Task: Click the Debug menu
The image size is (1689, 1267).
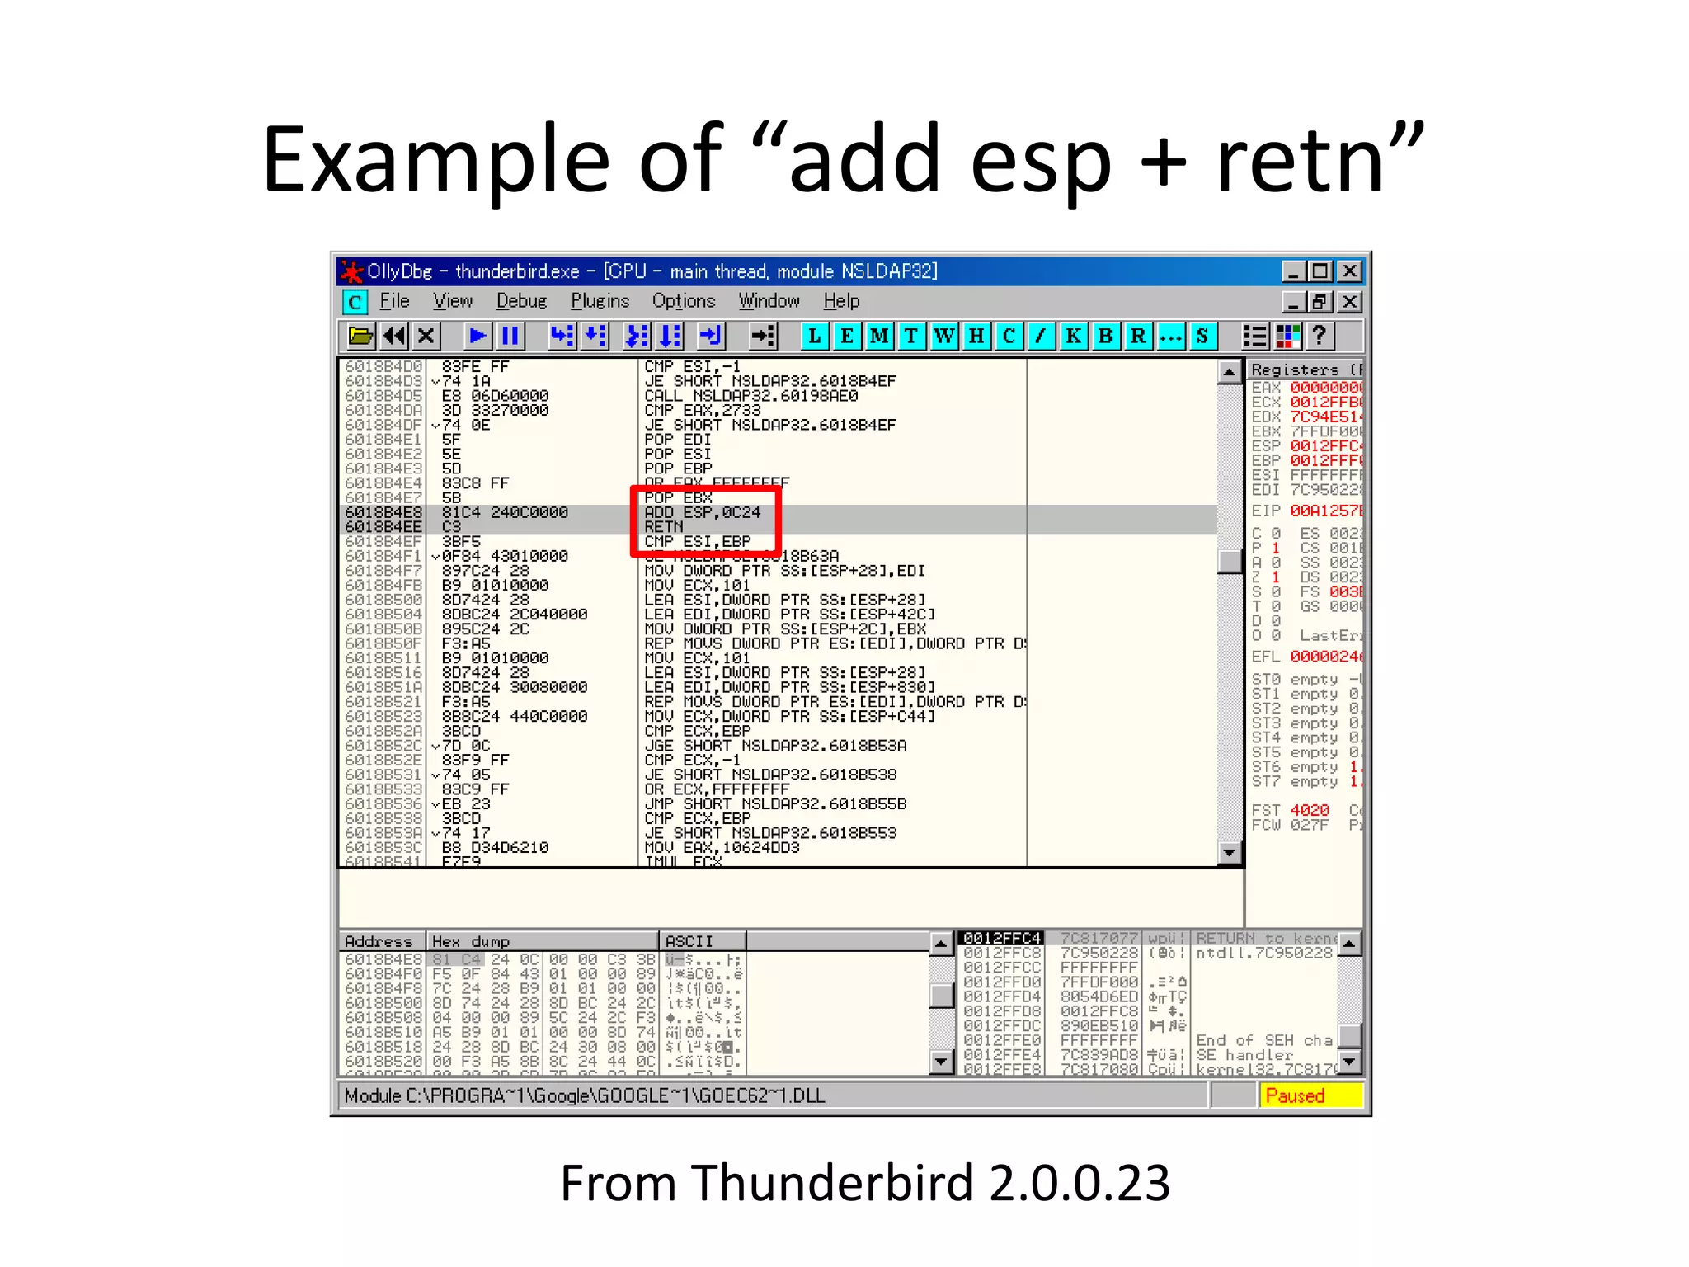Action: point(521,302)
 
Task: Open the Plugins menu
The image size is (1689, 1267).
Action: point(600,302)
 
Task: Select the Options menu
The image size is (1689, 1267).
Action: point(683,302)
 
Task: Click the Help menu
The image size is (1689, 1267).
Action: point(841,302)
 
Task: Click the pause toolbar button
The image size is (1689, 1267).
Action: point(510,336)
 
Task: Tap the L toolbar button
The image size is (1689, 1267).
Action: point(814,336)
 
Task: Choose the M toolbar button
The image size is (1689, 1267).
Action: point(879,336)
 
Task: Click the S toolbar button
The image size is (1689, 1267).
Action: point(1202,336)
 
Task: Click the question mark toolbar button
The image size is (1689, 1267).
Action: point(1320,336)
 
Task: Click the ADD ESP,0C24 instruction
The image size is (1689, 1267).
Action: point(702,512)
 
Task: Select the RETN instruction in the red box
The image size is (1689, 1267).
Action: point(664,527)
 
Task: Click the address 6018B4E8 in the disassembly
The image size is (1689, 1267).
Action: point(383,512)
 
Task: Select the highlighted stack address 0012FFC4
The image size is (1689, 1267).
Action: point(1001,938)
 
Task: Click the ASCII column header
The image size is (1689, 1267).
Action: point(689,941)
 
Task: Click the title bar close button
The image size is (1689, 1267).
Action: point(1350,271)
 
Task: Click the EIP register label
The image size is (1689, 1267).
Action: point(1265,511)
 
